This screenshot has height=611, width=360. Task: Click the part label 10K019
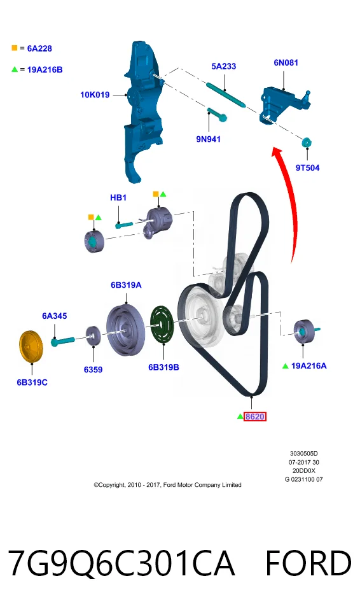[95, 95]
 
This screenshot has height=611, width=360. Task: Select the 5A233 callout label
[224, 66]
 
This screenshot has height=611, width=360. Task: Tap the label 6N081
[286, 62]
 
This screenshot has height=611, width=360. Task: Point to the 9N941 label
[208, 139]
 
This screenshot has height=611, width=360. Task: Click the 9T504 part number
[307, 167]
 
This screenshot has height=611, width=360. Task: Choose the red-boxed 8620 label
[255, 416]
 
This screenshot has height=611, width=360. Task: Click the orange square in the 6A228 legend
[15, 48]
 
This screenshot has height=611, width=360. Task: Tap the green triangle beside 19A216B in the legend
[15, 69]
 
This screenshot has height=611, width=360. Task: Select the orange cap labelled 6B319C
[31, 346]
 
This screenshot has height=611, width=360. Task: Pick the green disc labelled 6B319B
[162, 325]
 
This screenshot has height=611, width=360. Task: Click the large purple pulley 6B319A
[125, 330]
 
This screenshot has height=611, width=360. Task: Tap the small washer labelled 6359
[93, 335]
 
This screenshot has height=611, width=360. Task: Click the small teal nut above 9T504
[307, 142]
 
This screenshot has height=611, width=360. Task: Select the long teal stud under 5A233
[226, 95]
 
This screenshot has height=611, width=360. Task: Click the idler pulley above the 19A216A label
[304, 332]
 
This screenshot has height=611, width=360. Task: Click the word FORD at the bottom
[308, 563]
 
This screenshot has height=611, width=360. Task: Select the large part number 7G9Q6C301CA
[121, 563]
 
